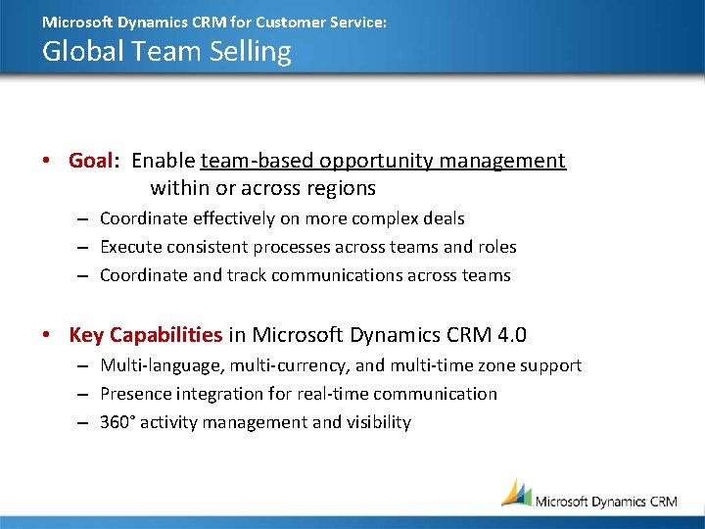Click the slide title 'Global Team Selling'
click(x=166, y=51)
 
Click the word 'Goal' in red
click(x=92, y=161)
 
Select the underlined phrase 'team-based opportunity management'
click(x=383, y=161)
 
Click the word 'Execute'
click(x=130, y=247)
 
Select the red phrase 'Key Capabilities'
click(x=146, y=335)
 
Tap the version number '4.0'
click(x=511, y=335)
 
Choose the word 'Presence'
click(x=135, y=394)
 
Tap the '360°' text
click(x=117, y=422)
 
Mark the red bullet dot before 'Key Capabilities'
click(x=47, y=336)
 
